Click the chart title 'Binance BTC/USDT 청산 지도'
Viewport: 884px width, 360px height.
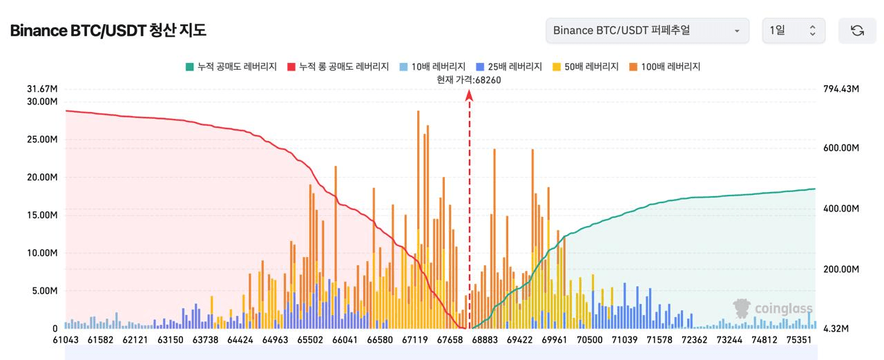pyautogui.click(x=108, y=30)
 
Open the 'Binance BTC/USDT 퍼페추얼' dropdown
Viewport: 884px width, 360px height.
pyautogui.click(x=646, y=30)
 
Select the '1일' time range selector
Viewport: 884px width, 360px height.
pyautogui.click(x=793, y=30)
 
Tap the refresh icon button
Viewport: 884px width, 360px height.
pyautogui.click(x=857, y=30)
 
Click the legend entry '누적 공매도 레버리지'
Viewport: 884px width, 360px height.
pyautogui.click(x=231, y=67)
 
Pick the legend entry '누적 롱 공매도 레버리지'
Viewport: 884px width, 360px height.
pyautogui.click(x=340, y=67)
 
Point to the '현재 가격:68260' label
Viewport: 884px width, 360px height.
pyautogui.click(x=469, y=79)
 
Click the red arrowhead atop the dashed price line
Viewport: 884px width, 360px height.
pyautogui.click(x=469, y=95)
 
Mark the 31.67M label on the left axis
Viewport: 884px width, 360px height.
pyautogui.click(x=42, y=89)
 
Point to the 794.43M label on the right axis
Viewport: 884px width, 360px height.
pyautogui.click(x=840, y=89)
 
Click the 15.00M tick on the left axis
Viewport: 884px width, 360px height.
pyautogui.click(x=42, y=215)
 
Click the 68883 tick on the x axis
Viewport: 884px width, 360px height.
pyautogui.click(x=486, y=340)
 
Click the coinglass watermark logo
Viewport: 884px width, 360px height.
pyautogui.click(x=773, y=308)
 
